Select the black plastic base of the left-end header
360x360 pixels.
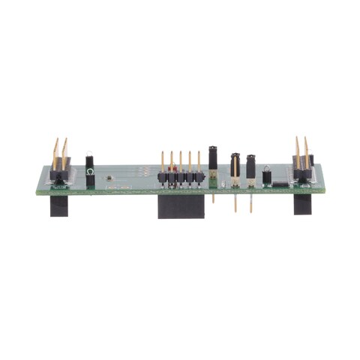(x=59, y=177)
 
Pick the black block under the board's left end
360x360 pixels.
(x=59, y=206)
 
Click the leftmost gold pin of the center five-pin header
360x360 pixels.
(x=162, y=162)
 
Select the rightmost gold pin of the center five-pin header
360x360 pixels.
(x=199, y=162)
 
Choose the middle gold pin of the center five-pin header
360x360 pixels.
(x=181, y=162)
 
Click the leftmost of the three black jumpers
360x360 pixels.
(x=213, y=158)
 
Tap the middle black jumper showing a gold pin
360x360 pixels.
(x=235, y=166)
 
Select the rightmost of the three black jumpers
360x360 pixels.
(x=250, y=166)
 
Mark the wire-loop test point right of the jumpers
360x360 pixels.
(x=267, y=177)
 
